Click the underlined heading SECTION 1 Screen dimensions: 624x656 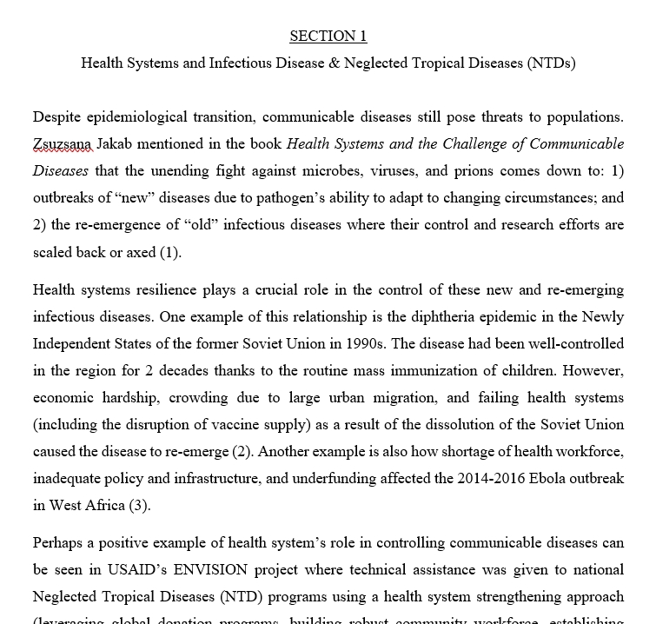(x=328, y=36)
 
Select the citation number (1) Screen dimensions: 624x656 (x=169, y=253)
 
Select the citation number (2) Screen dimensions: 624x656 (x=242, y=452)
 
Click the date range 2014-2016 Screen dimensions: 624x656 (x=490, y=478)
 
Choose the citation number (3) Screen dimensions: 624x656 (x=139, y=505)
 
